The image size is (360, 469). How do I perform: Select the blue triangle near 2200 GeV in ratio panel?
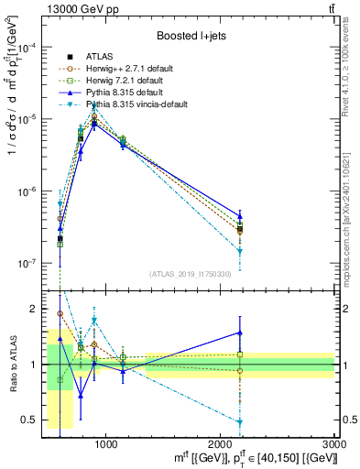tap(240, 333)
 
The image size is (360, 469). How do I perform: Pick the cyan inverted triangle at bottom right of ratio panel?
tap(240, 422)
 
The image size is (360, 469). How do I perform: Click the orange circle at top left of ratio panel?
tap(60, 313)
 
